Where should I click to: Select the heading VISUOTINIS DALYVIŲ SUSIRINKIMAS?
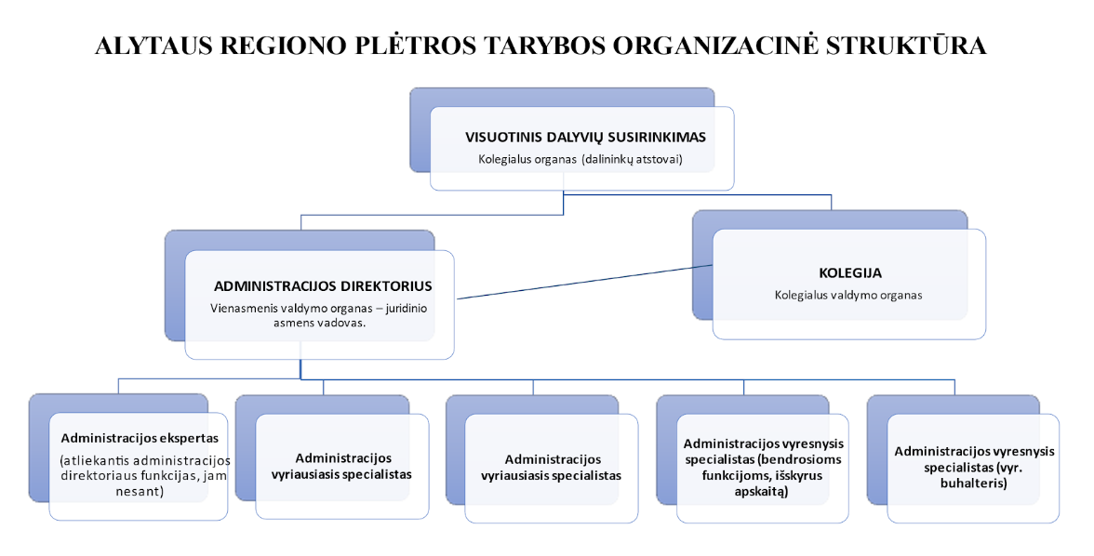tap(585, 137)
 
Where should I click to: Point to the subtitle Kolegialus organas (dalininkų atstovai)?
tap(580, 159)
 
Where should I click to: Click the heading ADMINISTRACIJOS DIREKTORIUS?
tap(323, 286)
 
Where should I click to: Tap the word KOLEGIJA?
tap(850, 272)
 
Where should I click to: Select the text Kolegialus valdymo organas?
tap(848, 295)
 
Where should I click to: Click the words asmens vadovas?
tap(320, 323)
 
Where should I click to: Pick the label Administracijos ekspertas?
tap(140, 438)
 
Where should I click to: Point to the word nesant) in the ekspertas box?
tap(140, 492)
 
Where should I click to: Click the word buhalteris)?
tap(974, 483)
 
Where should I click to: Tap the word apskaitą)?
tap(762, 492)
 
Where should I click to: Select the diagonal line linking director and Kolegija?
tap(584, 282)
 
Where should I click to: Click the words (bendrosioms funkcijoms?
tap(763, 468)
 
